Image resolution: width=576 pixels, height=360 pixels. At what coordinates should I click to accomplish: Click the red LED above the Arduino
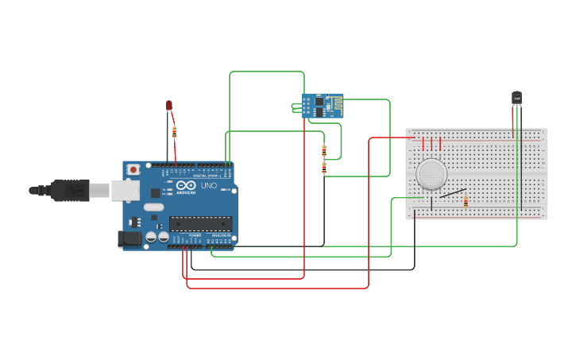(168, 105)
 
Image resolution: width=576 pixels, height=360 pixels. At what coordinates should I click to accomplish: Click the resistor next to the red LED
(174, 132)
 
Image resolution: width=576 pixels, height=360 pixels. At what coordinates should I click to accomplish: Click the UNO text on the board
(208, 185)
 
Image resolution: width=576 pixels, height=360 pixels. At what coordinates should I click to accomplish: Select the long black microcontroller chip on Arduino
(200, 223)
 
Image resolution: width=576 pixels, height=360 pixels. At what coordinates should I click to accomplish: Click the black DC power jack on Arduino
(128, 238)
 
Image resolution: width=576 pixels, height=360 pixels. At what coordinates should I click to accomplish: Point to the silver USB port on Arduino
(124, 190)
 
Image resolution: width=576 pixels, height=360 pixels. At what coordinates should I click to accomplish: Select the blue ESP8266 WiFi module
(322, 106)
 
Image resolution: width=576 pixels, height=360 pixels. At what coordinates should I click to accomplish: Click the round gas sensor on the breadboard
(431, 174)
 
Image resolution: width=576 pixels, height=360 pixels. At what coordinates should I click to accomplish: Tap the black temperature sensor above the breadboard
(516, 98)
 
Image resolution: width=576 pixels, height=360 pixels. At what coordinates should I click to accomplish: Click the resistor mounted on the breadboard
(466, 202)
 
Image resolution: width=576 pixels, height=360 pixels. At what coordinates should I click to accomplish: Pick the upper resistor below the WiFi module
(323, 149)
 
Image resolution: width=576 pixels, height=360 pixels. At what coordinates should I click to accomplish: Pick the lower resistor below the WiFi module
(323, 168)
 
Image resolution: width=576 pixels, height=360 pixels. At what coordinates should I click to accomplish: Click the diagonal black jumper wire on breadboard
(453, 192)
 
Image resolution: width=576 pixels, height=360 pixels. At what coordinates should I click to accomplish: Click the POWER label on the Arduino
(195, 236)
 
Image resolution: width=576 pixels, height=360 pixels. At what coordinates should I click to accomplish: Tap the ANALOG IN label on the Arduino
(221, 236)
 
